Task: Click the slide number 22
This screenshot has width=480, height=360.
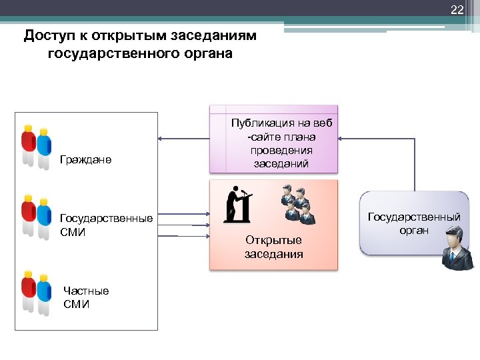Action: [x=457, y=9]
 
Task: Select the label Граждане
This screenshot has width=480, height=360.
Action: [x=85, y=160]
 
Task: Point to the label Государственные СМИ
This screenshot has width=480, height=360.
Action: [x=106, y=225]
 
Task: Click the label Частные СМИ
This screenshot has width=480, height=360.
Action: [x=85, y=297]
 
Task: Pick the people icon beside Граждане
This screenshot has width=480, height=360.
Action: [x=35, y=145]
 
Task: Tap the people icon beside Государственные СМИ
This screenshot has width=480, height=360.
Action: [x=35, y=216]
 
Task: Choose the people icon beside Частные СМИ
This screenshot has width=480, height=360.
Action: [x=35, y=291]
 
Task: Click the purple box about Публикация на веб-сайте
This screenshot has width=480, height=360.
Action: [x=274, y=140]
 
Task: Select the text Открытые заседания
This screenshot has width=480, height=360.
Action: [x=273, y=247]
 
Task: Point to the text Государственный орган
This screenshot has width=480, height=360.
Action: [x=414, y=223]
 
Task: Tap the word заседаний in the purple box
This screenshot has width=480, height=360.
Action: [x=281, y=163]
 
